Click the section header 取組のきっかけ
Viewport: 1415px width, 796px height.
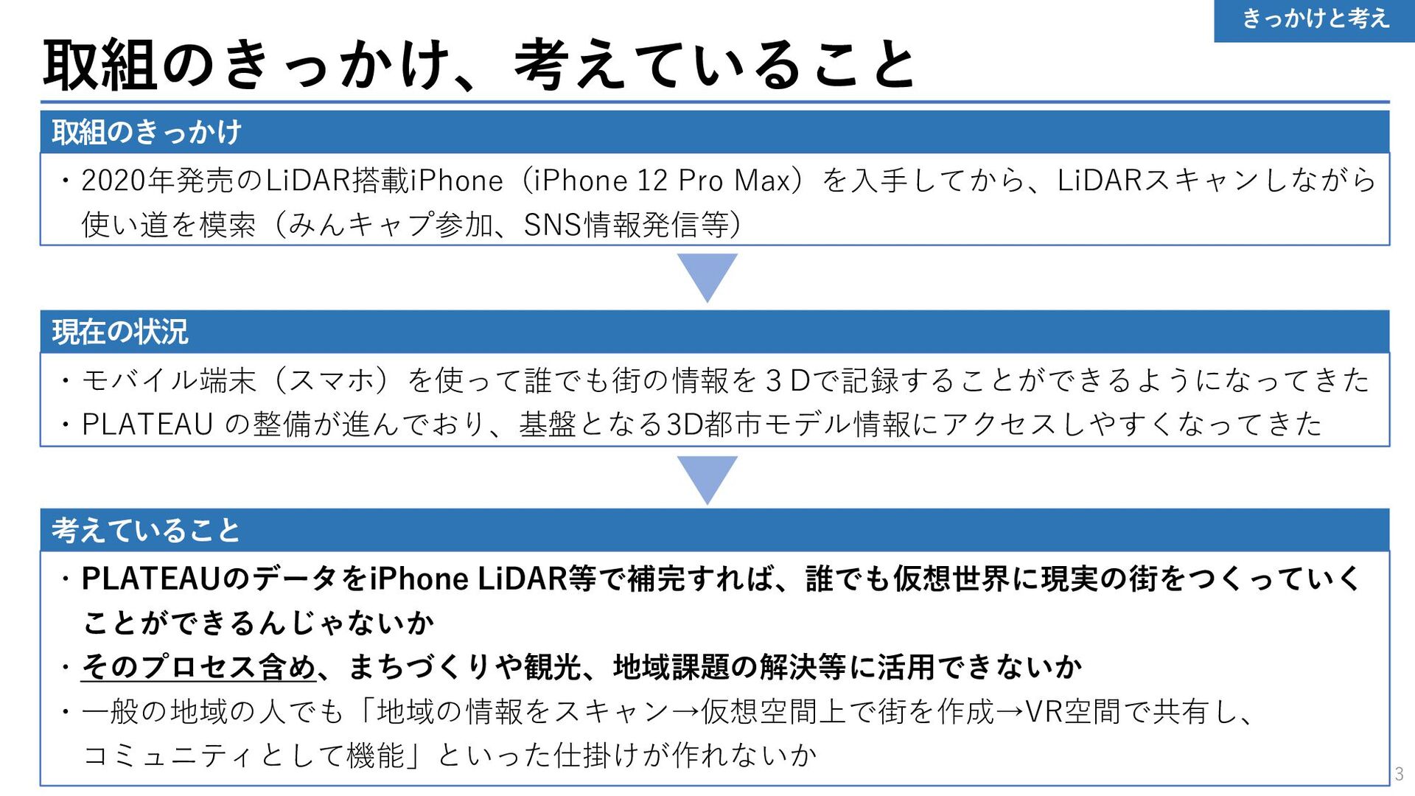point(147,133)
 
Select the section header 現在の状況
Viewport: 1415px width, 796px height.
point(120,332)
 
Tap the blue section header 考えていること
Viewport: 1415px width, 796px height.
point(146,531)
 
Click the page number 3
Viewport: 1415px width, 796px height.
point(1399,775)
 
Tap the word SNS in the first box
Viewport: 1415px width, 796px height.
point(553,225)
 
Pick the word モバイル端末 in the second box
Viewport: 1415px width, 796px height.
point(170,380)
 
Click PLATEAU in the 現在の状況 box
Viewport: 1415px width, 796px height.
point(147,425)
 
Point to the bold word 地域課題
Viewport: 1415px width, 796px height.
point(671,667)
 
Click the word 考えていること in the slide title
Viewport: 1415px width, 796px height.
point(715,65)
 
